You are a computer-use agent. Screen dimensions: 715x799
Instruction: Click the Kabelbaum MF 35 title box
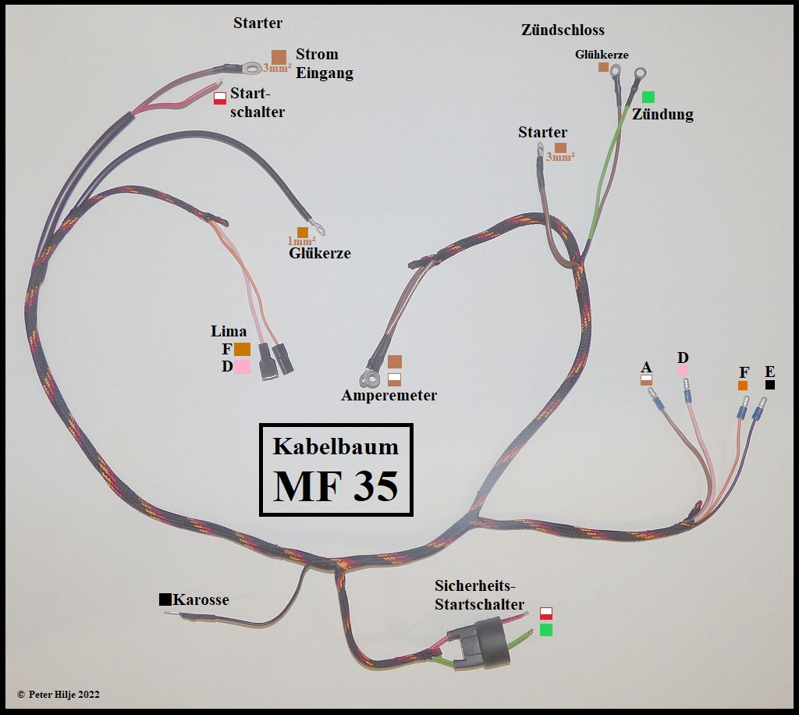click(x=336, y=470)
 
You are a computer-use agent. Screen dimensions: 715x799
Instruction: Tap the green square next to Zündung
click(x=648, y=97)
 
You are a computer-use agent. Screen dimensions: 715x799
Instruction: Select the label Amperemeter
click(x=389, y=396)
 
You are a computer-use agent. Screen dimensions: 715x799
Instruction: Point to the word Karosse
click(x=201, y=599)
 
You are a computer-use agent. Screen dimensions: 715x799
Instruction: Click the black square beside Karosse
click(x=165, y=599)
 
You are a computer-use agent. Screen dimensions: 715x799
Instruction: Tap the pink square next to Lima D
click(x=242, y=366)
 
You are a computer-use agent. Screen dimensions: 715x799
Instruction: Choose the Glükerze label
click(x=319, y=253)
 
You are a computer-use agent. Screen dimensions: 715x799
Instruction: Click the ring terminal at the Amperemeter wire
click(x=367, y=379)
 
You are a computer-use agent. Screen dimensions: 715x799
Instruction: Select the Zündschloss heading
click(x=563, y=30)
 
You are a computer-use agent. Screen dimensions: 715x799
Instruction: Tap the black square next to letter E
click(x=770, y=385)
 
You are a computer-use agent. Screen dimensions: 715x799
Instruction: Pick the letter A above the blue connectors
click(x=645, y=367)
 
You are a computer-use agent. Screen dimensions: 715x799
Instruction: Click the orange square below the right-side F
click(x=742, y=386)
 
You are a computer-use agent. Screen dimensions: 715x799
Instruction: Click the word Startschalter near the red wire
click(x=257, y=102)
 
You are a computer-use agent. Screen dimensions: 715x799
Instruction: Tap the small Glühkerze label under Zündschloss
click(x=602, y=55)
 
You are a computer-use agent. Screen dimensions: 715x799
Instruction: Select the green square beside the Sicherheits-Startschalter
click(x=546, y=629)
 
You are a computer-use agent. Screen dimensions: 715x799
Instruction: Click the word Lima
click(x=229, y=332)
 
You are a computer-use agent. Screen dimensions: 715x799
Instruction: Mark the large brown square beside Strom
click(x=279, y=56)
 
